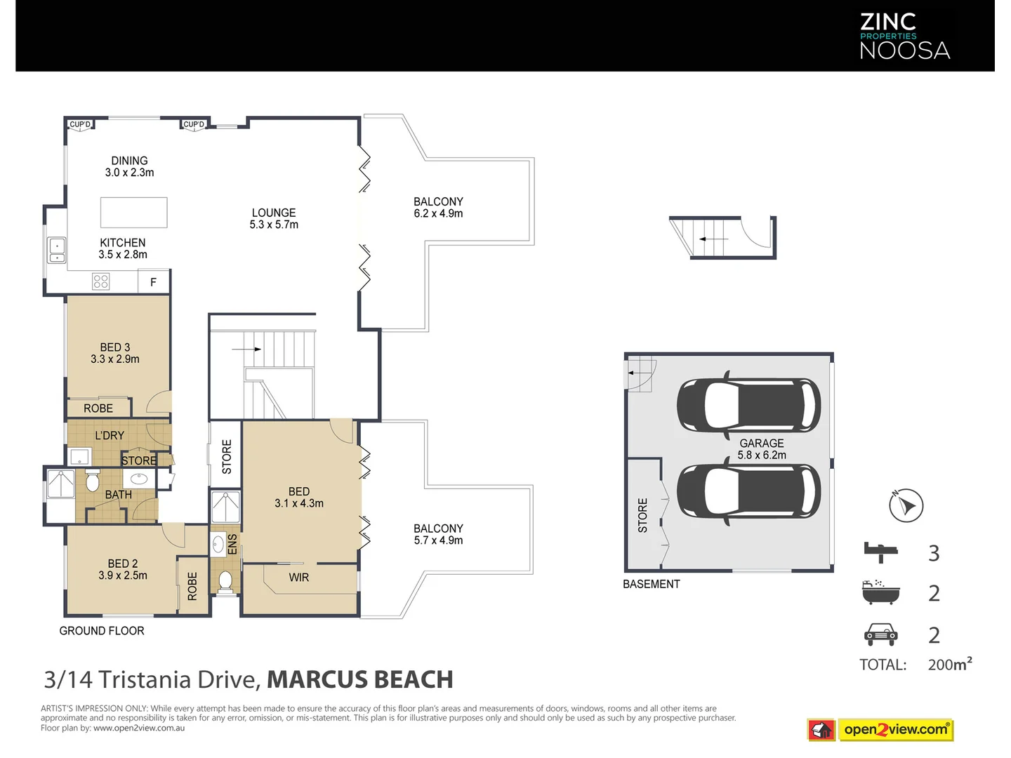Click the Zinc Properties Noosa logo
pos(904,36)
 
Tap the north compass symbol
pos(906,505)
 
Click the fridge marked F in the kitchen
pos(154,281)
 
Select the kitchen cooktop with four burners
pos(101,281)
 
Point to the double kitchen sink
pos(57,250)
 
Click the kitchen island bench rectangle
pos(134,212)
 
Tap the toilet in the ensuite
pos(225,581)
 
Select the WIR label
pos(299,577)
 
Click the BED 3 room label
pos(115,347)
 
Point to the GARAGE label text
pos(761,443)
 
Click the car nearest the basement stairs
pos(748,405)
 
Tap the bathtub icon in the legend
pos(880,592)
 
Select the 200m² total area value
pos(950,664)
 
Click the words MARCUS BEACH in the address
pos(360,680)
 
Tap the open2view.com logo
pos(880,730)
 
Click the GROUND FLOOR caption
pos(102,630)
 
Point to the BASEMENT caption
pos(652,584)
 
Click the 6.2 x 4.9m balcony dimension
pos(438,213)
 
